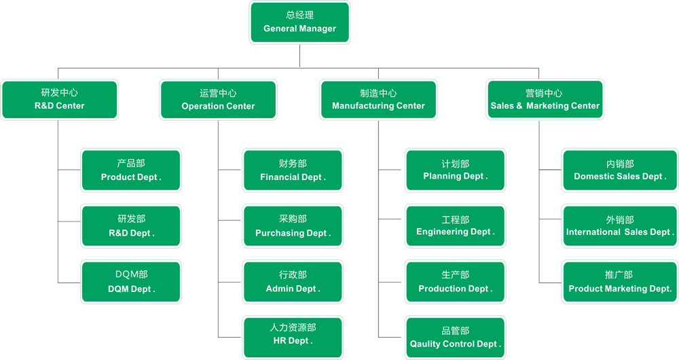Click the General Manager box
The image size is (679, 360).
coord(299,22)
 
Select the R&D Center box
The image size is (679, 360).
coord(59,100)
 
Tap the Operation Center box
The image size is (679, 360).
coord(218,100)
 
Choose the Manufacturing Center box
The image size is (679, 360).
coord(378,100)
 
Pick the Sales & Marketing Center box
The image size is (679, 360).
coord(545,100)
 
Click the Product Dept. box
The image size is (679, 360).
coord(131,170)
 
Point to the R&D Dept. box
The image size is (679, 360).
coord(131,226)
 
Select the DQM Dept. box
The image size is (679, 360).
coord(131,282)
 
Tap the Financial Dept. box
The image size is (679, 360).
coord(293,170)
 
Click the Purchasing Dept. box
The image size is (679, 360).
coord(293,226)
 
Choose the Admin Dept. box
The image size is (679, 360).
coord(293,282)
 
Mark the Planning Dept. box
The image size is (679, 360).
coord(455,170)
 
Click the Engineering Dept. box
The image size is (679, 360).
coord(455,226)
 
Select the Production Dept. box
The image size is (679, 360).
coord(455,282)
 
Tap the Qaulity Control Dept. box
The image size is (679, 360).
coord(455,338)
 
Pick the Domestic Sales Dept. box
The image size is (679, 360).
coord(620,170)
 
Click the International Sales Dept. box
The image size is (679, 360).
coord(620,226)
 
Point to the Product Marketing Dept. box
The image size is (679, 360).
coord(620,282)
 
